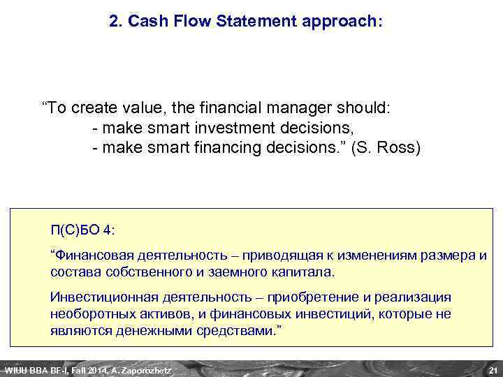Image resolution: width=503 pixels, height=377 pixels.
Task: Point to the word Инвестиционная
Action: click(101, 297)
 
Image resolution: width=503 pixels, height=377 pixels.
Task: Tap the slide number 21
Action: click(492, 369)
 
